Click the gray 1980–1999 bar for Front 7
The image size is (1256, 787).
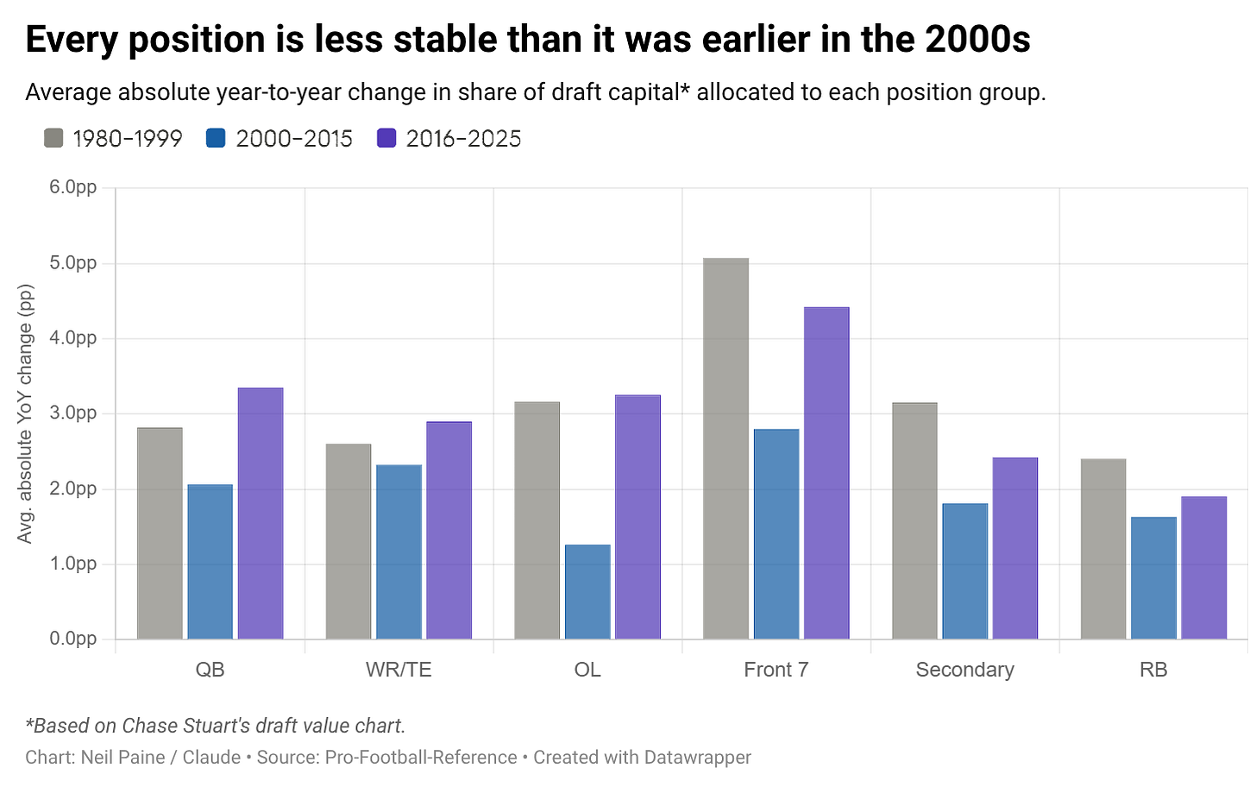[x=725, y=448]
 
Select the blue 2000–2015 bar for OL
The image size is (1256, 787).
[x=587, y=592]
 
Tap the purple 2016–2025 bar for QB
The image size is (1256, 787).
[x=261, y=513]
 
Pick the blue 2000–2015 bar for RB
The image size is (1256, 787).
[x=1153, y=578]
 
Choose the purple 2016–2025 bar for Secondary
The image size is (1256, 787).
[x=1014, y=548]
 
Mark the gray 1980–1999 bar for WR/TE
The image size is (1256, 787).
[x=349, y=541]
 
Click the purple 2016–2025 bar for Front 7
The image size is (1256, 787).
[x=826, y=473]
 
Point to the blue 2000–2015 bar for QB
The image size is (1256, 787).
[x=210, y=562]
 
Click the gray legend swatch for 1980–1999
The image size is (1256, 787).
[x=53, y=138]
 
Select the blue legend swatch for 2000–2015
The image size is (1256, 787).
[x=216, y=138]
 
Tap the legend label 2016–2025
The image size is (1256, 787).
[x=463, y=139]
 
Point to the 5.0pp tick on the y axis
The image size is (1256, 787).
[x=72, y=262]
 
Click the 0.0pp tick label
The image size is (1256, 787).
[x=72, y=639]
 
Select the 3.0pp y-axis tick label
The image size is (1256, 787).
[x=72, y=412]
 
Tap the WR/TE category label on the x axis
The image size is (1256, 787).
[x=399, y=670]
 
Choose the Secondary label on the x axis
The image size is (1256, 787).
[x=965, y=670]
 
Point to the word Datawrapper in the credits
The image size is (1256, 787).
[x=698, y=758]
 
